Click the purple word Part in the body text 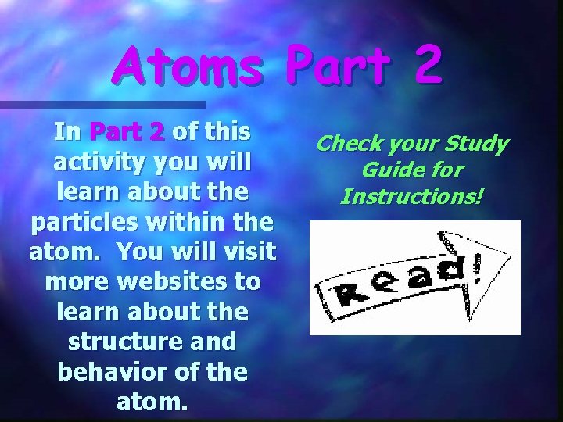(x=127, y=132)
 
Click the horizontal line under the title (x=102, y=104)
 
